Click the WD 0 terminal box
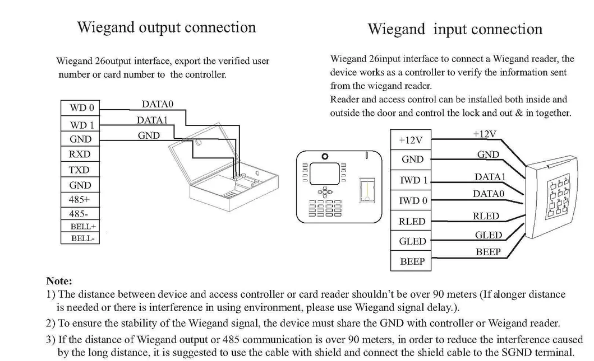tap(81, 108)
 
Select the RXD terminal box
tap(80, 154)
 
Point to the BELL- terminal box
tap(81, 238)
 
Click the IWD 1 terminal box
tap(412, 180)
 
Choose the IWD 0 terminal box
tap(412, 200)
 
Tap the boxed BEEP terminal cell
tap(412, 261)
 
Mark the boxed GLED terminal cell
tap(412, 241)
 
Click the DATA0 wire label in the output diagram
tap(158, 104)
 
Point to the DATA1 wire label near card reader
tap(490, 177)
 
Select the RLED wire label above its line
tap(486, 216)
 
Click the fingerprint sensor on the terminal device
tap(365, 190)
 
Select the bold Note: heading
tap(59, 282)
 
